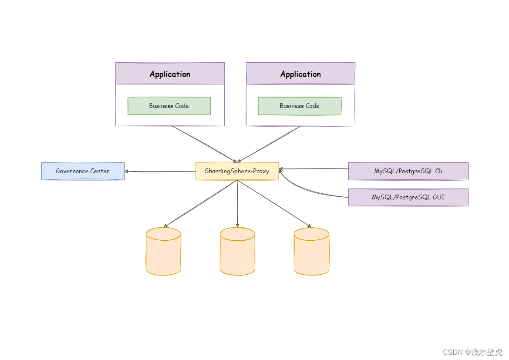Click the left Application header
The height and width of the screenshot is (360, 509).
[170, 74]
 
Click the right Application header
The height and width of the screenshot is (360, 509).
[300, 74]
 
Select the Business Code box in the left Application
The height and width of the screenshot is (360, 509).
[169, 106]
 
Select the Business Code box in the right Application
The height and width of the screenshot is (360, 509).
[300, 106]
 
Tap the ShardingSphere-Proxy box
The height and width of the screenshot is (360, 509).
[237, 171]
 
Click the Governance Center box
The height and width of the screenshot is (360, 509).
[83, 171]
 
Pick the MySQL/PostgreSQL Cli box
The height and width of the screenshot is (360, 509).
[408, 171]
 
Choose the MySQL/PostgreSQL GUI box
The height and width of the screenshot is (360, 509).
[408, 197]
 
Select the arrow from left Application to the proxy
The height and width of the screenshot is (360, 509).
[204, 144]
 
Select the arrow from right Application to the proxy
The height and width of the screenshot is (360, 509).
[269, 144]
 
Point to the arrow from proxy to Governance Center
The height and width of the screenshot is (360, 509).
[160, 172]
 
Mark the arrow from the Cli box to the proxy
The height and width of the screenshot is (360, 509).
[313, 168]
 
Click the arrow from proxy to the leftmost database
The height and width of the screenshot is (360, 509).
[200, 204]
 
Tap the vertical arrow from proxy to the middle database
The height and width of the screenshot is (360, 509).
[238, 204]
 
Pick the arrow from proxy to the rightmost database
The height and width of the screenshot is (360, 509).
[274, 204]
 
